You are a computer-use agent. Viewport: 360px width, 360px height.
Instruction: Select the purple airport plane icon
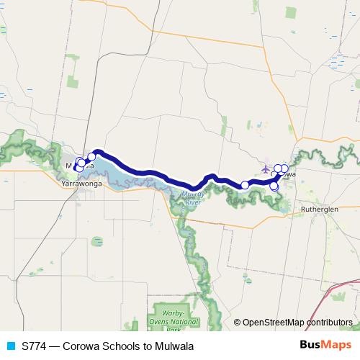[266, 169]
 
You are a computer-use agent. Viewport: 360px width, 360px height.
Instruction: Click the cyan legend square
[10, 346]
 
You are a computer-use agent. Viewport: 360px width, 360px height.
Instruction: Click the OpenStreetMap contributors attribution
[297, 323]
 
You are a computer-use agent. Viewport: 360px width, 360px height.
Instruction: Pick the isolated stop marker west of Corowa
[245, 185]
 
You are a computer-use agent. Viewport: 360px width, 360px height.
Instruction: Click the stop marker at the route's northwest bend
[92, 157]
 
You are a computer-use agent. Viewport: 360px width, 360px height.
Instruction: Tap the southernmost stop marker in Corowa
[274, 187]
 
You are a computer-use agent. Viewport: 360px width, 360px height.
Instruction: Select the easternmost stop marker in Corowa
[284, 168]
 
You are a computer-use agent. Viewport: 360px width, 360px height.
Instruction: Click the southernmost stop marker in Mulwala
[78, 168]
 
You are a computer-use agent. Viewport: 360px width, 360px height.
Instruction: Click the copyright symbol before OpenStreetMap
[238, 323]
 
